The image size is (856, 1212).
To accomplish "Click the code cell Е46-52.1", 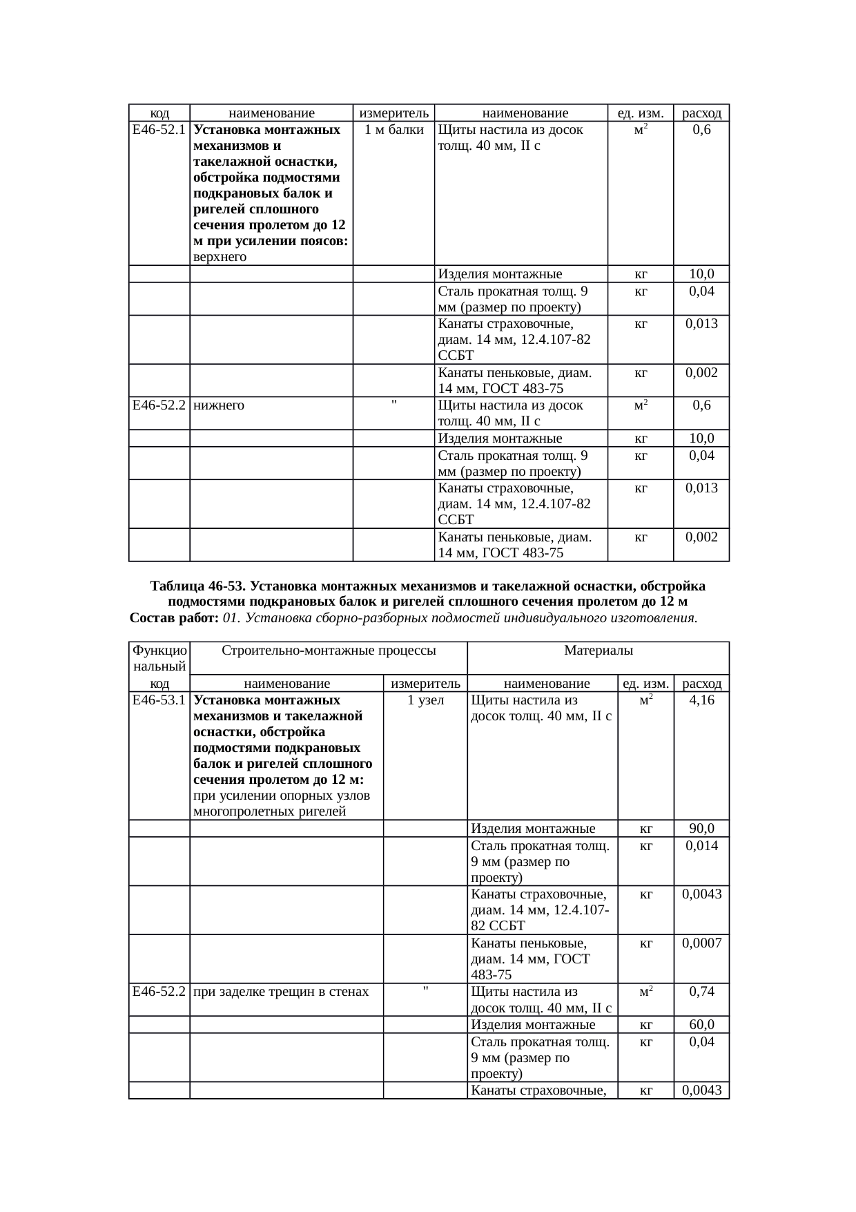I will pyautogui.click(x=159, y=130).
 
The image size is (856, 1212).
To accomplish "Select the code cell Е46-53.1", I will pyautogui.click(x=159, y=700).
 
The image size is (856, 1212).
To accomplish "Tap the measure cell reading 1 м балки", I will pyautogui.click(x=393, y=130).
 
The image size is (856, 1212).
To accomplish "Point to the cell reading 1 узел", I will pyautogui.click(x=425, y=700).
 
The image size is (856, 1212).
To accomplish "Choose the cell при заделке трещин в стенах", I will pyautogui.click(x=281, y=992).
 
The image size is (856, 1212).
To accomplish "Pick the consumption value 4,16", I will pyautogui.click(x=701, y=700).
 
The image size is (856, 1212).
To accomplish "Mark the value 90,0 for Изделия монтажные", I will pyautogui.click(x=701, y=829).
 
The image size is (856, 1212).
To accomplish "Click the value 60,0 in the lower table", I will pyautogui.click(x=701, y=1025).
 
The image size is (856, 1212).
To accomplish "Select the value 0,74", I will pyautogui.click(x=701, y=992).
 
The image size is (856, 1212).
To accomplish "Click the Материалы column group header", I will pyautogui.click(x=598, y=650).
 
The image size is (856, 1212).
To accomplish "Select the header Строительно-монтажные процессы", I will pyautogui.click(x=328, y=650).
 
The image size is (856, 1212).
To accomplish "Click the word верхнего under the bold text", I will pyautogui.click(x=220, y=258).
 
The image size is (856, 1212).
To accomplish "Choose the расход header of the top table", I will pyautogui.click(x=701, y=113).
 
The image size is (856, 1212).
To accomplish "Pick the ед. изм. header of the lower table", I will pyautogui.click(x=645, y=684).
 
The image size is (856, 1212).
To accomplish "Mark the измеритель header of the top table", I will pyautogui.click(x=393, y=113).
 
